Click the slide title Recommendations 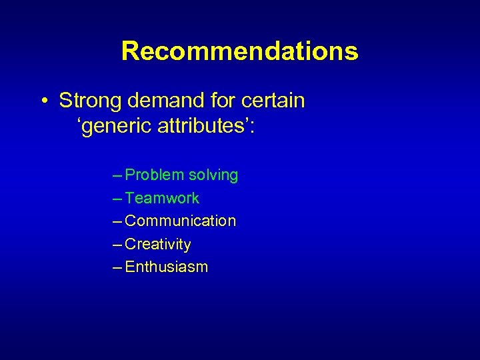click(239, 51)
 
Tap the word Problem click(155, 175)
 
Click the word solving click(213, 175)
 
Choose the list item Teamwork click(162, 198)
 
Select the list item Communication click(181, 221)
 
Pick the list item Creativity click(158, 244)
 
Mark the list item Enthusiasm click(167, 267)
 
